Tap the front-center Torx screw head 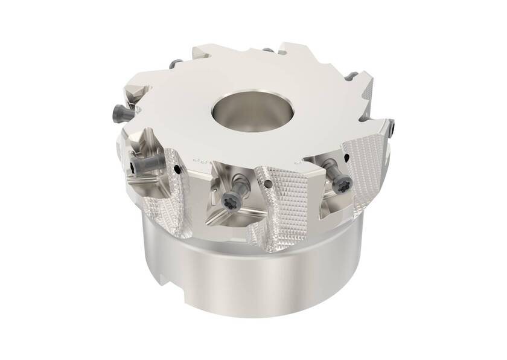(x=230, y=200)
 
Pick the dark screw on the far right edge (x=393, y=127)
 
